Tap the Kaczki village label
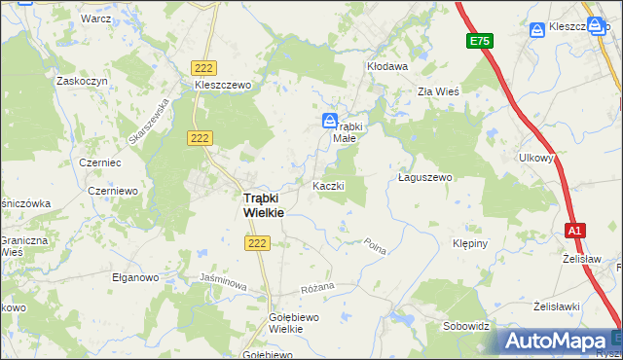(x=328, y=185)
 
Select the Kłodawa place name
(x=386, y=66)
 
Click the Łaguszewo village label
(x=426, y=178)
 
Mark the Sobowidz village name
(x=465, y=326)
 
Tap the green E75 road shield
(x=479, y=41)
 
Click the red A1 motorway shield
(x=575, y=231)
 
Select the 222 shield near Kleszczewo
(x=203, y=67)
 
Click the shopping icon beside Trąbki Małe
(x=330, y=121)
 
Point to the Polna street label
(x=376, y=247)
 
